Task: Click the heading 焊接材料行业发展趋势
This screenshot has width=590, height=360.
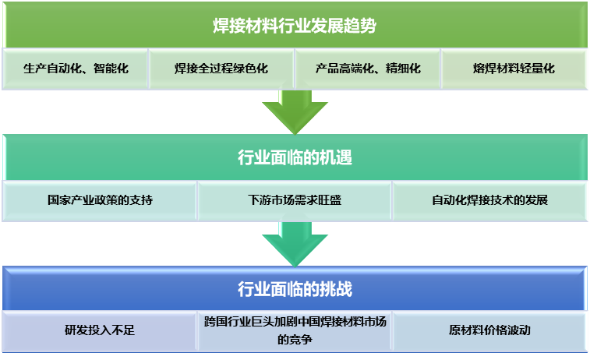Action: click(x=295, y=26)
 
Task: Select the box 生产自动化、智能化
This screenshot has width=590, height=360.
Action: click(x=76, y=69)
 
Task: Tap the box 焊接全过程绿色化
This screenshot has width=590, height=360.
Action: click(x=221, y=69)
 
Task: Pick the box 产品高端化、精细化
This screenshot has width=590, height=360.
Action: click(x=368, y=69)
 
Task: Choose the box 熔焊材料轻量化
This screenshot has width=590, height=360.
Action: click(x=514, y=69)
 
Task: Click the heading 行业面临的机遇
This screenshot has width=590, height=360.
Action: click(x=295, y=158)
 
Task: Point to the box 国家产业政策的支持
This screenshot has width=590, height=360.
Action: click(x=100, y=199)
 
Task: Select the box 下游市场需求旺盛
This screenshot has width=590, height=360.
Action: click(x=295, y=199)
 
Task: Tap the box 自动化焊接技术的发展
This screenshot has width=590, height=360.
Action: click(x=489, y=199)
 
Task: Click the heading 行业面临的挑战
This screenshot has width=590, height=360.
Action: click(x=295, y=290)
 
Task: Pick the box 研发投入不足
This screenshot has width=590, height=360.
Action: click(x=100, y=330)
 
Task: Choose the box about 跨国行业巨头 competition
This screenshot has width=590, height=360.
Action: click(x=295, y=330)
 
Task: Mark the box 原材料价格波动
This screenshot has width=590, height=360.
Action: click(x=489, y=330)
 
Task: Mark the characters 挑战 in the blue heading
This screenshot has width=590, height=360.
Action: click(x=337, y=290)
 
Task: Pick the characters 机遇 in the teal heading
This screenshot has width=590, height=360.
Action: click(x=337, y=158)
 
